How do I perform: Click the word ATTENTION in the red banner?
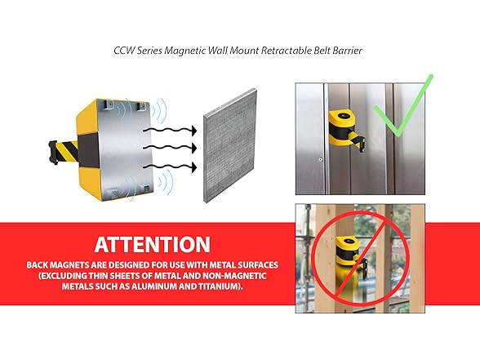[x=152, y=244]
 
